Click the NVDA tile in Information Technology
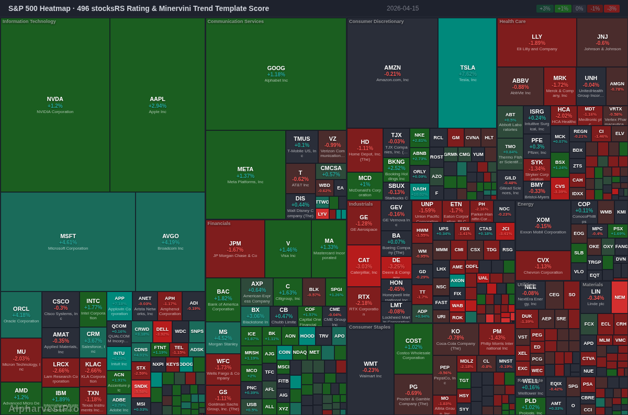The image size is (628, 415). click(55, 105)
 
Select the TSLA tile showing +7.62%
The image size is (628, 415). click(467, 73)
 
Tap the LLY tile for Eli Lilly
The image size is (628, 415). click(536, 42)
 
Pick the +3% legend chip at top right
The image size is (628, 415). click(545, 8)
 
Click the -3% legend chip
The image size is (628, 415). click(611, 8)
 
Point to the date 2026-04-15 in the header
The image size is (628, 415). click(402, 8)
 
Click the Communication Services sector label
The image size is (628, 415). click(235, 21)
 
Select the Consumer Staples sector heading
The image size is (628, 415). click(369, 327)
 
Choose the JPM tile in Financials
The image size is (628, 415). click(235, 249)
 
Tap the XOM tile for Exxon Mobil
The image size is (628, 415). click(543, 225)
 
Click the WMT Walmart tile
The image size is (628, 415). click(371, 366)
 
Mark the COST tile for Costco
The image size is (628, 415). click(413, 348)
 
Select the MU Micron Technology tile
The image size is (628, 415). click(21, 360)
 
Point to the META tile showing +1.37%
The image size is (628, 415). click(245, 174)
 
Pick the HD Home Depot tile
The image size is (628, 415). click(365, 150)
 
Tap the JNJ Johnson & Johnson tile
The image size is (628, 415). click(602, 42)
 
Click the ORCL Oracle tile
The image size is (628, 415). click(21, 314)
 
